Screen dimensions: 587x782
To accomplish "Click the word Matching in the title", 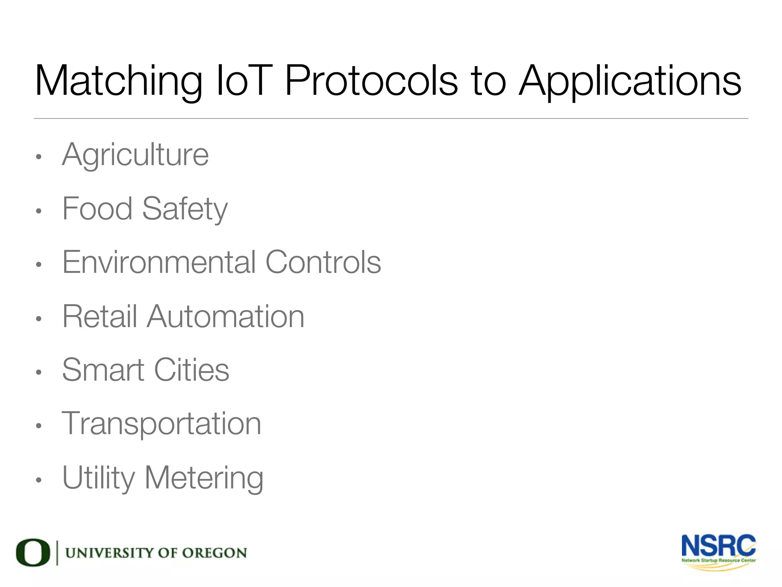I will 118,81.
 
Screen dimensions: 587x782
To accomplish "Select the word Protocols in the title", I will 371,81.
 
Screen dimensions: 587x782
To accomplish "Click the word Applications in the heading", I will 630,81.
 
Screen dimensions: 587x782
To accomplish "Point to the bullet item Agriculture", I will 135,155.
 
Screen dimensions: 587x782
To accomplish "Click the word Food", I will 97,209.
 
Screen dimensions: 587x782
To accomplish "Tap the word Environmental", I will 159,262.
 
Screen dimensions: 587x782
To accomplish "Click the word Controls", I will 323,262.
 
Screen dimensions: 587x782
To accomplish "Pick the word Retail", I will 99,316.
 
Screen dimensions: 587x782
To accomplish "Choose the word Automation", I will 225,316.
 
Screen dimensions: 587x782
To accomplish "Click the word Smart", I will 103,370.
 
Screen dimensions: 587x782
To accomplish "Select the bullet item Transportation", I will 161,423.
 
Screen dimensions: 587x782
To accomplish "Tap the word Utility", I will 99,478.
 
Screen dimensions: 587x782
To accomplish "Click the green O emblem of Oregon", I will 33,553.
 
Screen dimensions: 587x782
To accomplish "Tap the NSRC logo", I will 719,550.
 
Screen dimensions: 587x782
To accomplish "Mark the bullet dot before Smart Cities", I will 38,372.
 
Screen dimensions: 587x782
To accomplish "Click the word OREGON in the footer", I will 214,553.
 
